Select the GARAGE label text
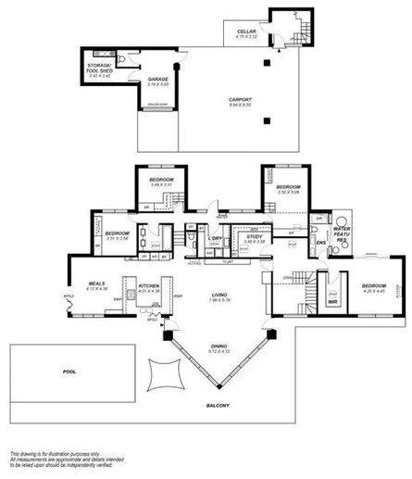157,80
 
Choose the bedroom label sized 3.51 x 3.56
116,233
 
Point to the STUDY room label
253,236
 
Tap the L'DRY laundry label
216,237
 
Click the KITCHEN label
150,285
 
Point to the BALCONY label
218,406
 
